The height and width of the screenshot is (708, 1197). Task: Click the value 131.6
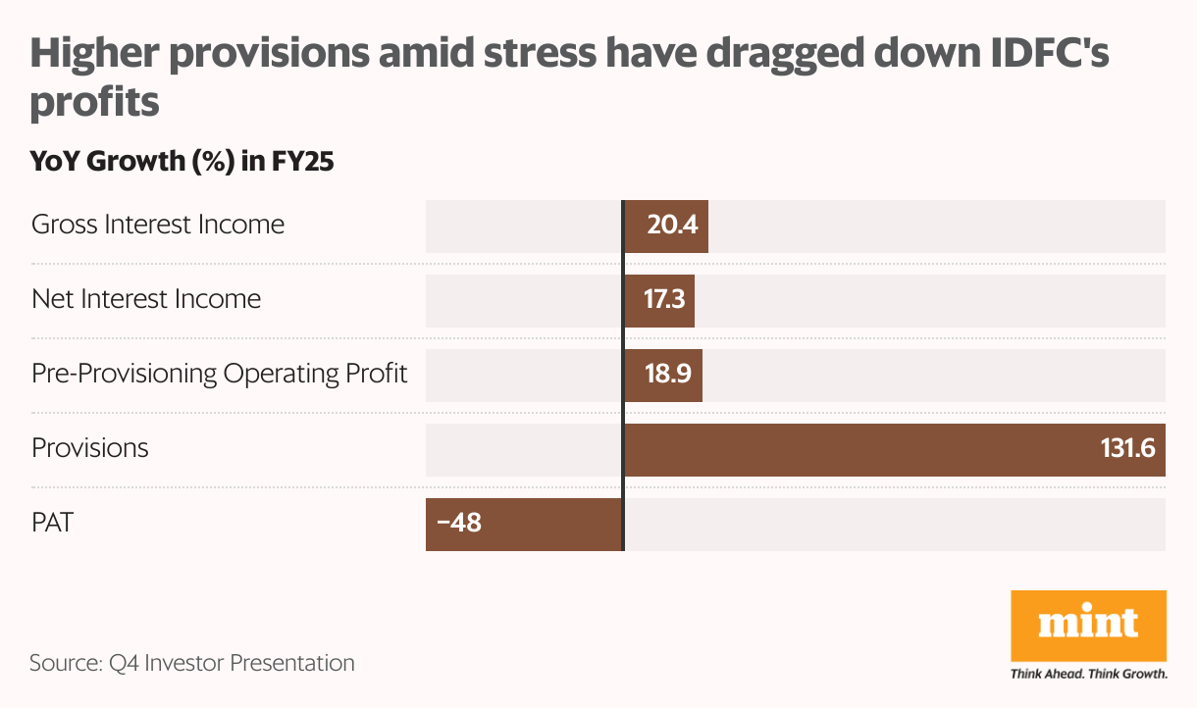click(x=1127, y=449)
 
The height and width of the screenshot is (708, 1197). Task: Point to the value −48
click(x=459, y=524)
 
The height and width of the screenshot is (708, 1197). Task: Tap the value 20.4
click(x=672, y=227)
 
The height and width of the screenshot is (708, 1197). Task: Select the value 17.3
click(x=665, y=301)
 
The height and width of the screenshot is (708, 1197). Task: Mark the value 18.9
click(x=669, y=376)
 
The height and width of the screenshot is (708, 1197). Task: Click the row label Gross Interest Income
click(x=158, y=225)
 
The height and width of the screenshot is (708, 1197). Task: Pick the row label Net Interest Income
click(x=146, y=298)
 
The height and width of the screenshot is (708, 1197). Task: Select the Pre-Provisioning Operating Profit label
click(x=219, y=374)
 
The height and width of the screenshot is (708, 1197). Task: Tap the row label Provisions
click(x=90, y=448)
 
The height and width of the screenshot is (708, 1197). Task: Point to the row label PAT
click(x=53, y=523)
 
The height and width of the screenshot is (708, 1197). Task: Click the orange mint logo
click(x=1088, y=626)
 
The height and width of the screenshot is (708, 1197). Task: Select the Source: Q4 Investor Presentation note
click(x=192, y=663)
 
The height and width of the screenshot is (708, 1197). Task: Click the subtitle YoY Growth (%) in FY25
click(x=182, y=162)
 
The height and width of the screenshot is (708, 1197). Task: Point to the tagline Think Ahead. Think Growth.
click(x=1088, y=674)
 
